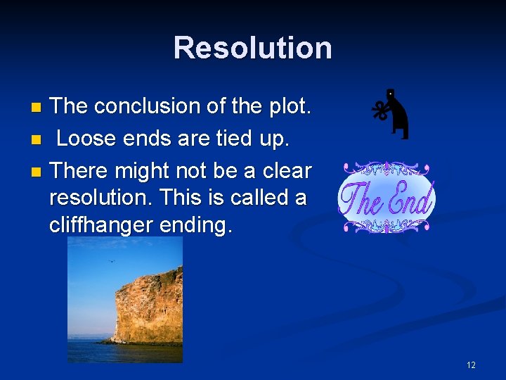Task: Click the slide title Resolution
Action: coord(252,48)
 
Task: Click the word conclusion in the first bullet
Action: coord(148,106)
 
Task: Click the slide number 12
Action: coord(470,365)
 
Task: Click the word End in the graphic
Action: coord(410,199)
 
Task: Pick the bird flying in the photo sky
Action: coord(110,262)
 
